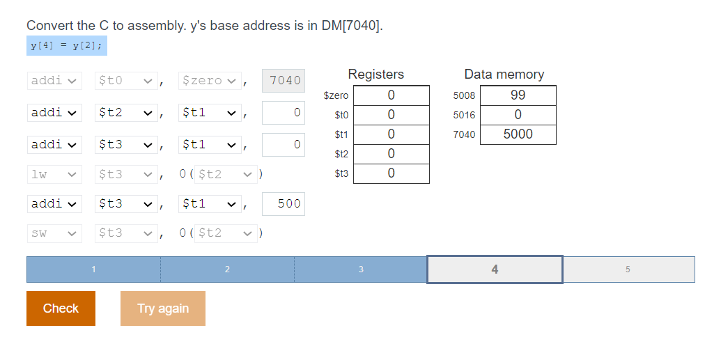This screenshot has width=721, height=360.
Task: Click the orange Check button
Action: pyautogui.click(x=61, y=308)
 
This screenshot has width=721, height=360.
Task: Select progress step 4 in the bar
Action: pyautogui.click(x=495, y=269)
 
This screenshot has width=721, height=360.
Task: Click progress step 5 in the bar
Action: pyautogui.click(x=628, y=269)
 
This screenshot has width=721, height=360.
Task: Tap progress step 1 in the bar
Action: pyautogui.click(x=93, y=269)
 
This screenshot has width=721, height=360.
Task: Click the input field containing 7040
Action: pyautogui.click(x=284, y=81)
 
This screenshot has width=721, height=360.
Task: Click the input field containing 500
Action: pyautogui.click(x=284, y=204)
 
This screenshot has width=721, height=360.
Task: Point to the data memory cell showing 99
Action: pyautogui.click(x=518, y=95)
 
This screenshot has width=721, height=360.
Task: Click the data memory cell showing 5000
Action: pyautogui.click(x=518, y=134)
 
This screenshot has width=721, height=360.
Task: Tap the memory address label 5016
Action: pyautogui.click(x=464, y=115)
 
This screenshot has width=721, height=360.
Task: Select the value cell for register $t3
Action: pyautogui.click(x=391, y=173)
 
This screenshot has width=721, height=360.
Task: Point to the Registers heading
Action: pyautogui.click(x=375, y=75)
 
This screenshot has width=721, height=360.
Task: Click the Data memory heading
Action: pyautogui.click(x=504, y=75)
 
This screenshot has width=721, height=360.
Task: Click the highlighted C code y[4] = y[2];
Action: pyautogui.click(x=66, y=46)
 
